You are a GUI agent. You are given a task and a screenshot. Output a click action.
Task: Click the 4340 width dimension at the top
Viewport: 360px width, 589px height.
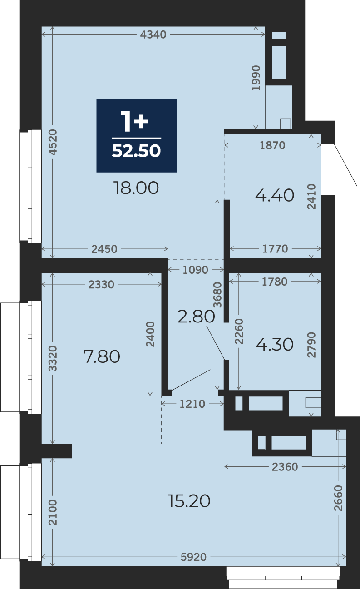tap(153, 35)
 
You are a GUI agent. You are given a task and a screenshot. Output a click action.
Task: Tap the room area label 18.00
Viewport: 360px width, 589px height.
tap(136, 188)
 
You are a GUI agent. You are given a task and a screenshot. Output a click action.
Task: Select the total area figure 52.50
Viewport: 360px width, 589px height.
tap(136, 151)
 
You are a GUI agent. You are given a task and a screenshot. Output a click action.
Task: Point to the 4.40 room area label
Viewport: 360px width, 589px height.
tap(275, 195)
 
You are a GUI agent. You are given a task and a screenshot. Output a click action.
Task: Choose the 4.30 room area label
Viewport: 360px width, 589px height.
tap(275, 344)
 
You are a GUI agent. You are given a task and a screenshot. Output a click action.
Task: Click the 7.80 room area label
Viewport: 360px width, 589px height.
tap(102, 356)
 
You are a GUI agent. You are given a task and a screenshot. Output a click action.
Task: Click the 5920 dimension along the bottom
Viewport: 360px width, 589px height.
tap(194, 557)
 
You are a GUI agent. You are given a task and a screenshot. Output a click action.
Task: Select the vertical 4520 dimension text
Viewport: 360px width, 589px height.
tap(53, 142)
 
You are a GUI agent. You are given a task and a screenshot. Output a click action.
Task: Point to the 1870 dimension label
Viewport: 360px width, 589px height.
tap(272, 145)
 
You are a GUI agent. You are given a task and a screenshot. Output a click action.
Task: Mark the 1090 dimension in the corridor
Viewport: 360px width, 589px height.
tap(195, 270)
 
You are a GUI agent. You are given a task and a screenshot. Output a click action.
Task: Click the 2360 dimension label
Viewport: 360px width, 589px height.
tap(285, 467)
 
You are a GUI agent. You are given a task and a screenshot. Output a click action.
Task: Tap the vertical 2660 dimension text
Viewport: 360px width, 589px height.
tap(339, 498)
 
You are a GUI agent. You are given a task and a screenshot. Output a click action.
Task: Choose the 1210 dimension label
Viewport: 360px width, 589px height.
tap(192, 404)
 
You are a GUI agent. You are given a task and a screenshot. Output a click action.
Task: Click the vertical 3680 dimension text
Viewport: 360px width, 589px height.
tap(217, 295)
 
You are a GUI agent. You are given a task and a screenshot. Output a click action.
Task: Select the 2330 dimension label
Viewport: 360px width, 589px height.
tap(101, 284)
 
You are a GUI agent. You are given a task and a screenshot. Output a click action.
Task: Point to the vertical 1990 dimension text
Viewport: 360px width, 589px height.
tap(256, 78)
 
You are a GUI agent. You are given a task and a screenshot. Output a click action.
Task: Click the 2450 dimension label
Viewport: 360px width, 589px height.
tap(104, 249)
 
